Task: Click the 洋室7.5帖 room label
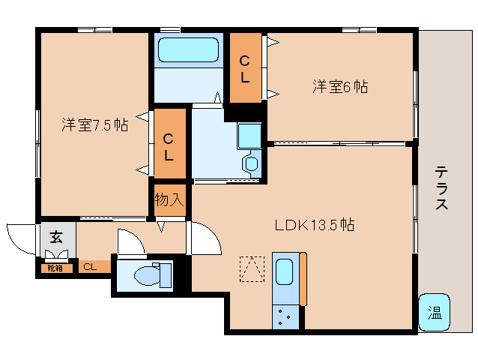(94, 124)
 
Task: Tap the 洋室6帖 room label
(340, 86)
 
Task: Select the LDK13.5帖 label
(315, 223)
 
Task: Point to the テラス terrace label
(442, 187)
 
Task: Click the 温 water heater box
(435, 311)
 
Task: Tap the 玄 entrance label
(57, 238)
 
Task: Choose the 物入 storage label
(169, 199)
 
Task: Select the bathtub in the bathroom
(188, 50)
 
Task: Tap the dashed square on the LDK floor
(252, 268)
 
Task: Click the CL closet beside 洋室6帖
(245, 68)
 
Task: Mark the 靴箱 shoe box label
(55, 267)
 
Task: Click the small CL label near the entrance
(90, 266)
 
